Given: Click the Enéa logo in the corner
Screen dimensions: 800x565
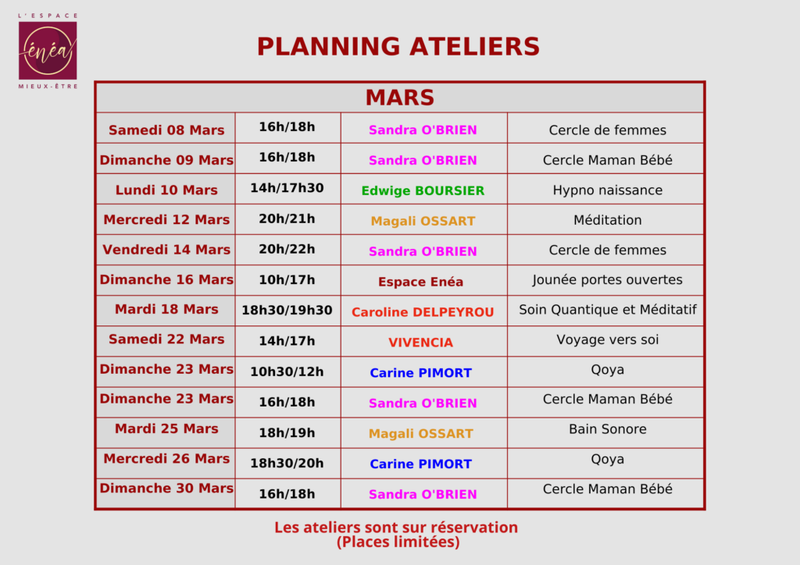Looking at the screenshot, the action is pyautogui.click(x=48, y=51).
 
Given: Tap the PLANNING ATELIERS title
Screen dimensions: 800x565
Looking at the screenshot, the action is pyautogui.click(x=398, y=46).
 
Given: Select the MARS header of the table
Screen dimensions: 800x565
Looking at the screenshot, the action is pyautogui.click(x=400, y=98).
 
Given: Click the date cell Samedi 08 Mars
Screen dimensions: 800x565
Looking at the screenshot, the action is pyautogui.click(x=166, y=130).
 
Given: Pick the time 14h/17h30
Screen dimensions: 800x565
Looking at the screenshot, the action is pyautogui.click(x=287, y=188).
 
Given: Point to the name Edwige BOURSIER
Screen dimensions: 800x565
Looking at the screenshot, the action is pyautogui.click(x=423, y=190).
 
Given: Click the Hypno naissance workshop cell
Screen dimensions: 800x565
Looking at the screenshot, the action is pyautogui.click(x=608, y=190).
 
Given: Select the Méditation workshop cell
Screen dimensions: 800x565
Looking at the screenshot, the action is pyautogui.click(x=608, y=220).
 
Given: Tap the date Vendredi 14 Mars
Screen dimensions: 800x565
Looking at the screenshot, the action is pyautogui.click(x=166, y=250).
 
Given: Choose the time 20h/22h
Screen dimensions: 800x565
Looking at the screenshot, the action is pyautogui.click(x=287, y=249).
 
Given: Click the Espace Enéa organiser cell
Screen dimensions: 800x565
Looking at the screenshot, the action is pyautogui.click(x=421, y=282).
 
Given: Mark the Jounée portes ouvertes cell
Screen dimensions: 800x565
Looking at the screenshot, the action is pyautogui.click(x=607, y=279).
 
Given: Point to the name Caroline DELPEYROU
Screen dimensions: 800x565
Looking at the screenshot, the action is pyautogui.click(x=423, y=312).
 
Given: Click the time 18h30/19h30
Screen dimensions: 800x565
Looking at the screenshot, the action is pyautogui.click(x=287, y=311).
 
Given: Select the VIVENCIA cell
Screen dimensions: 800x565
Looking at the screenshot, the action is pyautogui.click(x=421, y=343).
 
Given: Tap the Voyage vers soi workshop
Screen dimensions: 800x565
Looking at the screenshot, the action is pyautogui.click(x=608, y=339).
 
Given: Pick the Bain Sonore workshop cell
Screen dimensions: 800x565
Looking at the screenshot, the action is pyautogui.click(x=608, y=429).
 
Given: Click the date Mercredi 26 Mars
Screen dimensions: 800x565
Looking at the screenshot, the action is pyautogui.click(x=166, y=459).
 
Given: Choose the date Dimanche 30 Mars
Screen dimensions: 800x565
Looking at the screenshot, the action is pyautogui.click(x=166, y=488).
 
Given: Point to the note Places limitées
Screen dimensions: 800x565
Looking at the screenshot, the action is pyautogui.click(x=398, y=542).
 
